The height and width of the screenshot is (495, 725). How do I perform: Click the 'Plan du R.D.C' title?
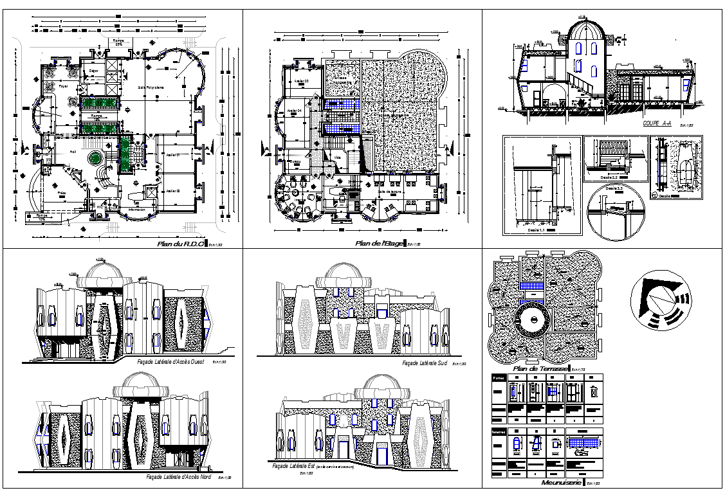[180, 244]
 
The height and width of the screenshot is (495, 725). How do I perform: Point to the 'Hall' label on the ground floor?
[73, 152]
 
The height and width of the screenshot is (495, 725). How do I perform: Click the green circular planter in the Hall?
[96, 157]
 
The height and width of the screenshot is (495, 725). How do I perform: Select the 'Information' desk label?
[136, 209]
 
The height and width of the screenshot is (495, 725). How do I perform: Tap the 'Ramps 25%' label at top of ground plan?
[119, 42]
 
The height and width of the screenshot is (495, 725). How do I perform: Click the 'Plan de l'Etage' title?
[378, 244]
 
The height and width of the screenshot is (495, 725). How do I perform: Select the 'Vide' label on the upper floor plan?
[336, 156]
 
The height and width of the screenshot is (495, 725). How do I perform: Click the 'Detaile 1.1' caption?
[537, 230]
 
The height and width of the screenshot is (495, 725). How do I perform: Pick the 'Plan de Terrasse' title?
[539, 368]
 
